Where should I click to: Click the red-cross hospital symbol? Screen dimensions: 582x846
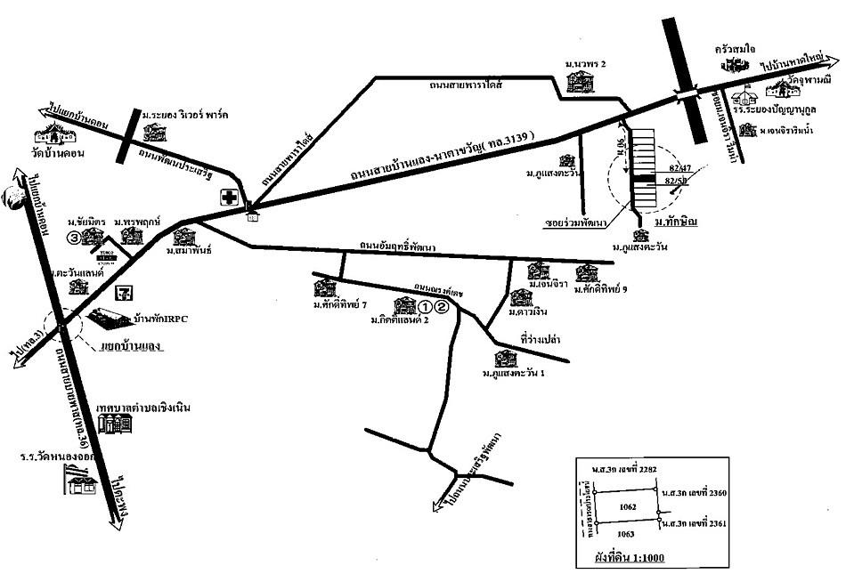[x=229, y=198]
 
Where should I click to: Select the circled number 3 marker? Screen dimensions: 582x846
[x=76, y=238]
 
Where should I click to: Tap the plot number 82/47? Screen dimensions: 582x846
[x=677, y=168]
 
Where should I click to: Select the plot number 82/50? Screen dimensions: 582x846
[x=677, y=182]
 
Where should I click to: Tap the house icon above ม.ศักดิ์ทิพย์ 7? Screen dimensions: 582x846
[x=324, y=288]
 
